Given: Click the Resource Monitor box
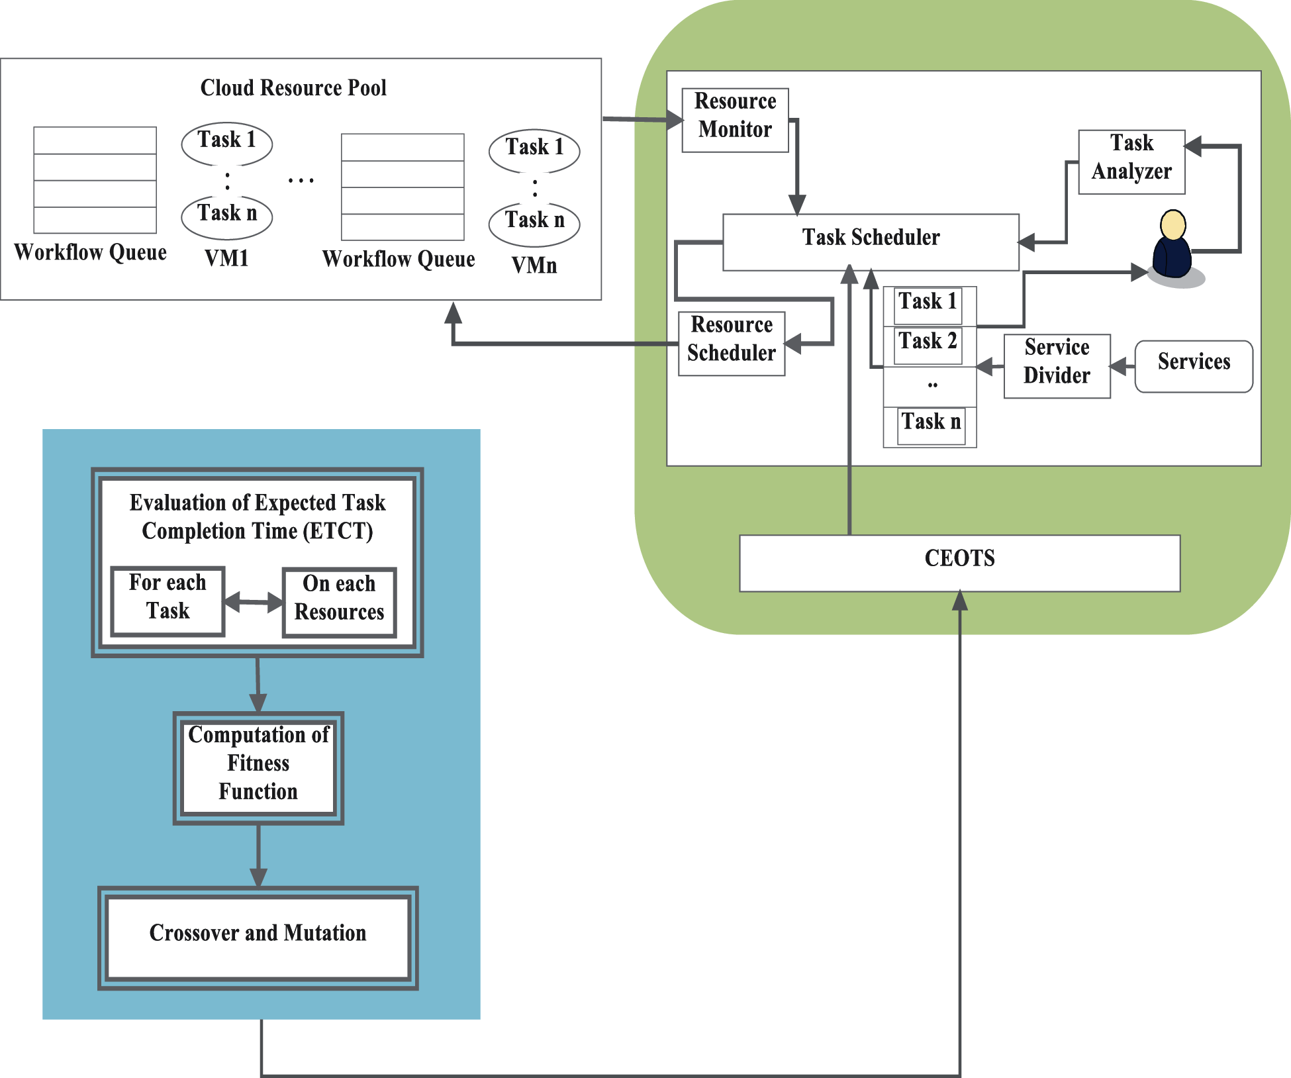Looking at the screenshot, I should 735,120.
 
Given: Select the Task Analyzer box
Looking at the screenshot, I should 1131,162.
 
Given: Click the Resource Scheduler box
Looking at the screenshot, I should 731,343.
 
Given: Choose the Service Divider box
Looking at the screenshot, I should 1056,366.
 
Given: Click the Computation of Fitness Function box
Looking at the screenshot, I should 258,767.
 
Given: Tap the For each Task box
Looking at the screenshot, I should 167,601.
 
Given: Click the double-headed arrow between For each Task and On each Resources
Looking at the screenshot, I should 253,602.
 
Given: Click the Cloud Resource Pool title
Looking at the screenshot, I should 293,88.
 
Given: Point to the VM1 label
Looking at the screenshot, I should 226,258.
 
